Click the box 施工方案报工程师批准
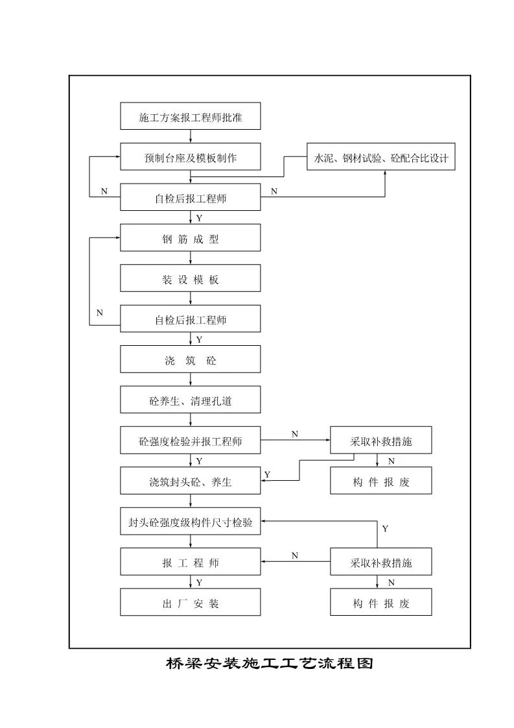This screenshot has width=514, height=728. (x=190, y=117)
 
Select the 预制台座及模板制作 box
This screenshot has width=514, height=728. (x=190, y=158)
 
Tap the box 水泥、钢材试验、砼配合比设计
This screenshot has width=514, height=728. (x=381, y=158)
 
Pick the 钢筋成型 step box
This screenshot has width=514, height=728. (x=190, y=239)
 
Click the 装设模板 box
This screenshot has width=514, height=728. (x=190, y=280)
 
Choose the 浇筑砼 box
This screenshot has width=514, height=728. (x=190, y=360)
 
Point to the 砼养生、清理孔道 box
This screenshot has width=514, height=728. (x=190, y=401)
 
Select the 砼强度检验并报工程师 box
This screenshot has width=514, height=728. (x=190, y=441)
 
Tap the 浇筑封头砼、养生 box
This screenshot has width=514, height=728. (x=190, y=481)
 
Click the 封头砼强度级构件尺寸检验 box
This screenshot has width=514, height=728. (x=190, y=522)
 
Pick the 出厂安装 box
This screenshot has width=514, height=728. (x=190, y=603)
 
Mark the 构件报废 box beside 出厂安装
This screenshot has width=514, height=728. (x=381, y=603)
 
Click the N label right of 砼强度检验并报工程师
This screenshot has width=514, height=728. (x=295, y=434)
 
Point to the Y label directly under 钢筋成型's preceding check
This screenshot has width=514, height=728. (x=199, y=219)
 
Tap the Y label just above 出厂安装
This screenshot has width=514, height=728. (x=199, y=583)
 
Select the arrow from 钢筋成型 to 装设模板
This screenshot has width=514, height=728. (x=190, y=259)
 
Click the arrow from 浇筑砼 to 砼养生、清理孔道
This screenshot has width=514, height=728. (x=190, y=380)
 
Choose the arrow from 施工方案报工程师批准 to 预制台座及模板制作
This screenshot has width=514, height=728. (x=190, y=137)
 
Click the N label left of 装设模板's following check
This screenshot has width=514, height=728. (x=100, y=313)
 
